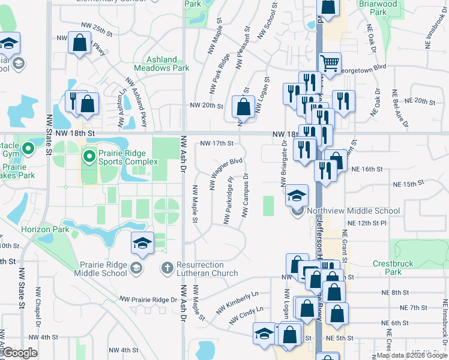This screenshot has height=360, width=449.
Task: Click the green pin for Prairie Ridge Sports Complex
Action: click(89, 157)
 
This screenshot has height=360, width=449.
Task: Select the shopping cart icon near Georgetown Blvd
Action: click(330, 63)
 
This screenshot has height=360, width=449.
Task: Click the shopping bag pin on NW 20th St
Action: click(243, 108)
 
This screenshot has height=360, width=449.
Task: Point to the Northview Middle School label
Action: click(352, 211)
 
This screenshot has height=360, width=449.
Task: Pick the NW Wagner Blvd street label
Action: click(226, 174)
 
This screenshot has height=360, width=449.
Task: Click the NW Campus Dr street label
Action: click(246, 195)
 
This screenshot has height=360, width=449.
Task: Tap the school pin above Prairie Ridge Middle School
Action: click(142, 243)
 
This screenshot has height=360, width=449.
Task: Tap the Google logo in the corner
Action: click(20, 353)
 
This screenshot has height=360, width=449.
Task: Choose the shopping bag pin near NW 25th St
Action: click(79, 44)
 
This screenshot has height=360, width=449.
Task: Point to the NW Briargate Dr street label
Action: click(284, 164)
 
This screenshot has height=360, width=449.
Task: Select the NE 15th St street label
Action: click(408, 183)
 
